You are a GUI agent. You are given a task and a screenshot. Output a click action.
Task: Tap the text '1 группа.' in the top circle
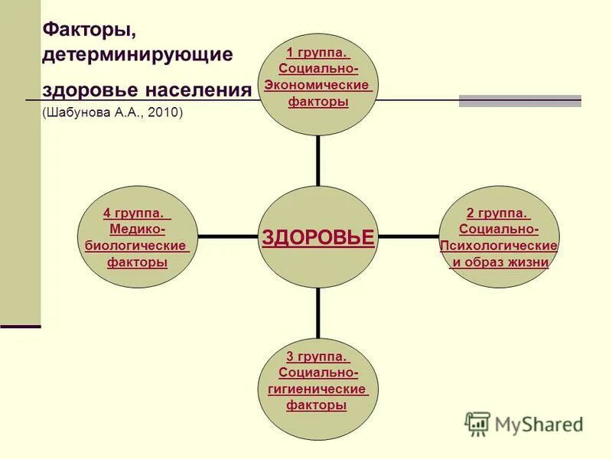tap(317, 53)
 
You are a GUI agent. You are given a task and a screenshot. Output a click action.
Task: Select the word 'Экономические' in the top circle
tap(317, 85)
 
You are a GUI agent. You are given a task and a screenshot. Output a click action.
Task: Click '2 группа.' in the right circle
tap(498, 213)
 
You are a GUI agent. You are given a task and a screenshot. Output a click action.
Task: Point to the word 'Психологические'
tap(498, 246)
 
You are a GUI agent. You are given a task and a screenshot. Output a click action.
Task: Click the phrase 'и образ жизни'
tap(500, 262)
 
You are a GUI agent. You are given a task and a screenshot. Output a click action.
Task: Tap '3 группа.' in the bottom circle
tap(317, 356)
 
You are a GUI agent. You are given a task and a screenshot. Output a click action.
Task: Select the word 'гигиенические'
tap(317, 389)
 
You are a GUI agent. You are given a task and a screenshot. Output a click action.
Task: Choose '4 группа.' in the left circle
tap(137, 213)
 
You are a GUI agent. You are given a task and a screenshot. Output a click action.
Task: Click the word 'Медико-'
tap(138, 229)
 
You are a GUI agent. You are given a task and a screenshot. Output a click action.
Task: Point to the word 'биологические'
tap(137, 246)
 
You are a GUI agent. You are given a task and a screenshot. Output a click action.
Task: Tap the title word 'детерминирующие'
tap(138, 55)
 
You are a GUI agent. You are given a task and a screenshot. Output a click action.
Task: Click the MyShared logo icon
tap(477, 424)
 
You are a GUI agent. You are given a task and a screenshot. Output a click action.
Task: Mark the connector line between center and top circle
tap(317, 160)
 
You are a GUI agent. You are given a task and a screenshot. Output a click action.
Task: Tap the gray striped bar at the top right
tap(519, 101)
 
